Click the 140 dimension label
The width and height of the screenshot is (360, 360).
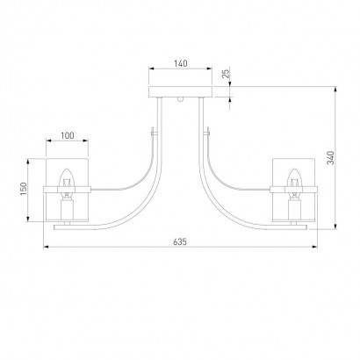(x=181, y=63)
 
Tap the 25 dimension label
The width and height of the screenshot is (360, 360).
(x=226, y=74)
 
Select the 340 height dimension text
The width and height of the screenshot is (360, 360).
(x=330, y=158)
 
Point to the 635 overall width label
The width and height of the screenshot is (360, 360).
(x=180, y=241)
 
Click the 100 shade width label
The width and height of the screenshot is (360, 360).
(x=68, y=135)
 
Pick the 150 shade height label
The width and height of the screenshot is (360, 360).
(x=24, y=189)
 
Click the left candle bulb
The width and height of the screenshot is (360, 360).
(x=67, y=178)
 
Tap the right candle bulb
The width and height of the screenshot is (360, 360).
(x=293, y=178)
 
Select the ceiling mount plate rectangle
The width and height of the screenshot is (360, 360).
(x=180, y=91)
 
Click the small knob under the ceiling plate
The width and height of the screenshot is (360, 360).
(x=181, y=99)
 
